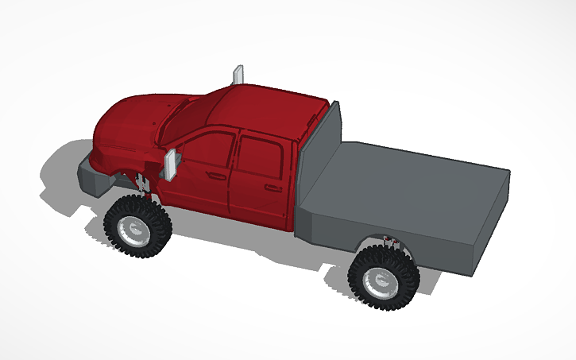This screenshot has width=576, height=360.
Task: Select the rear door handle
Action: (273, 188)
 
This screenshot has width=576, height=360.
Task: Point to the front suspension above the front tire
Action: (145, 188)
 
